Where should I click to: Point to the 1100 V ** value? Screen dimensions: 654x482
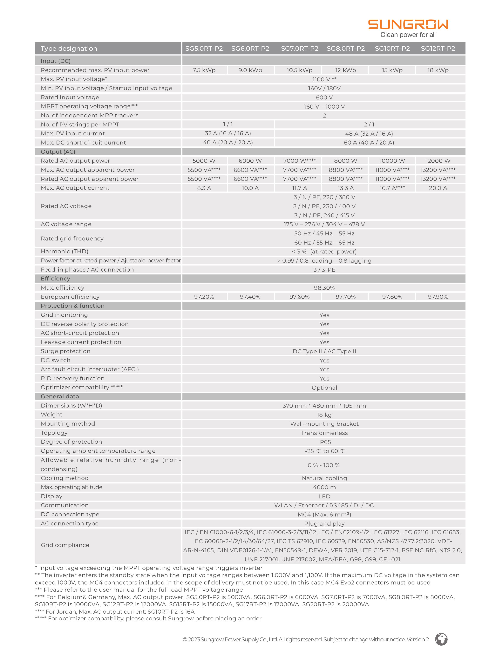[324, 79]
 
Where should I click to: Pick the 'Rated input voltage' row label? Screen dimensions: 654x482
[70, 98]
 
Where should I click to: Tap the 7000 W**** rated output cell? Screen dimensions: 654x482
[299, 161]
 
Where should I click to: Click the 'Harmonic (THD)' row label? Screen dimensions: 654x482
[64, 252]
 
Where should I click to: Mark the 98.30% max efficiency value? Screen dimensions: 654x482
[324, 288]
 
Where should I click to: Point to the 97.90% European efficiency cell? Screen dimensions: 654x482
[438, 297]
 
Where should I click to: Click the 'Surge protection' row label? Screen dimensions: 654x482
[66, 351]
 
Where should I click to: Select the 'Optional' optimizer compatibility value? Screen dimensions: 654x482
[324, 388]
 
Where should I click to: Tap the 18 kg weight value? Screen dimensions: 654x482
[324, 415]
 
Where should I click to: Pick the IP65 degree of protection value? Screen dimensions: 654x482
[324, 442]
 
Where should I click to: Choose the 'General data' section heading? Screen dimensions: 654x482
[60, 397]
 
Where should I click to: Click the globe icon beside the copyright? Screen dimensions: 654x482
[441, 640]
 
